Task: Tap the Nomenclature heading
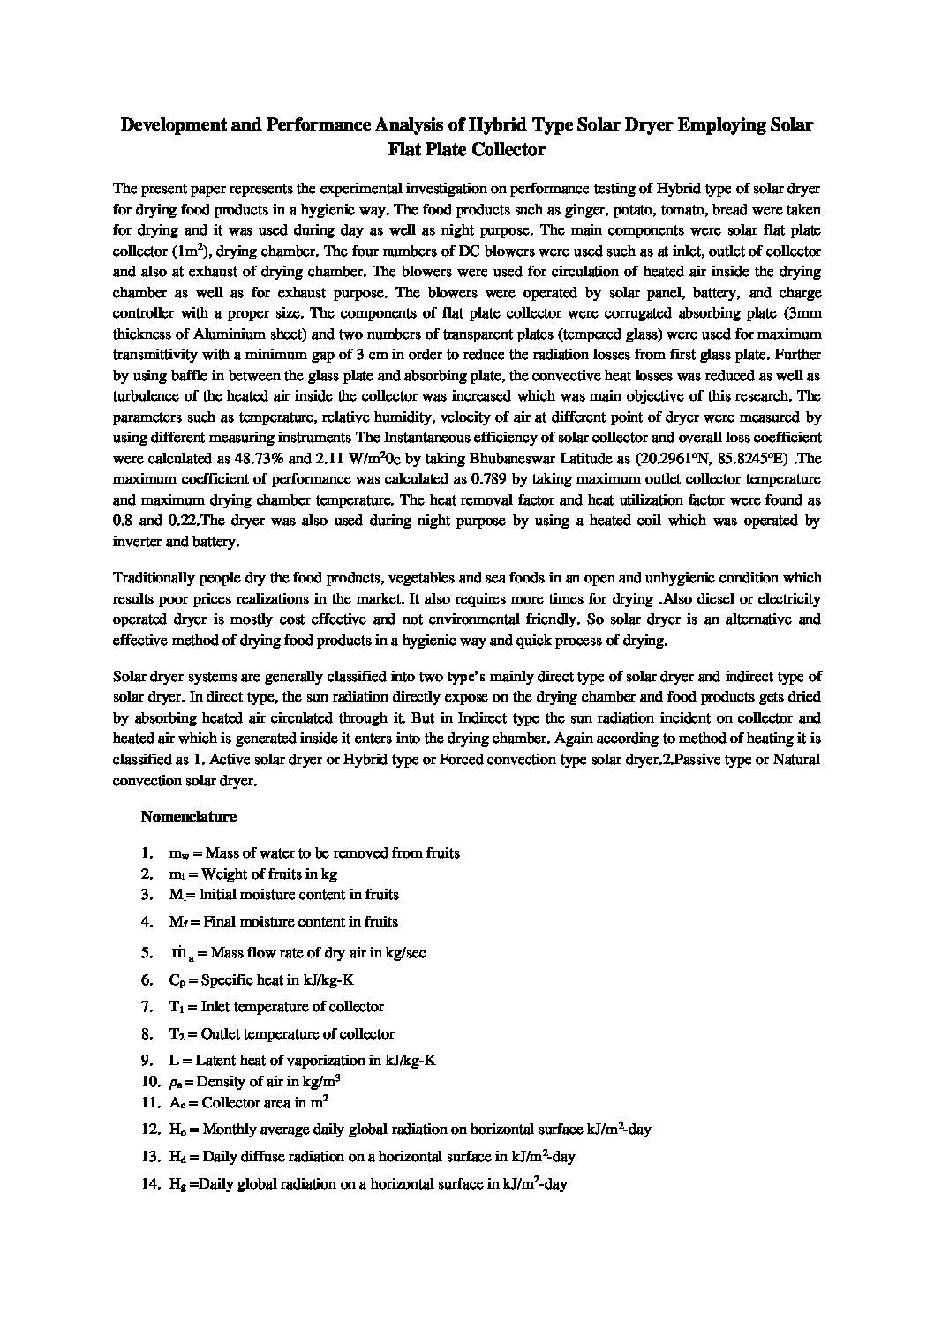pos(188,816)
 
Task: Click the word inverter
pos(137,541)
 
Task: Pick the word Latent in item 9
pos(215,1061)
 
